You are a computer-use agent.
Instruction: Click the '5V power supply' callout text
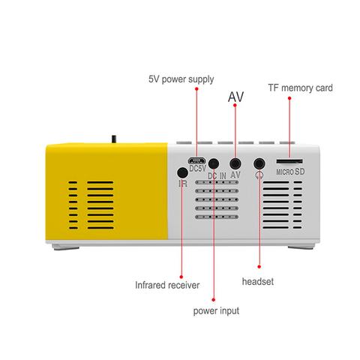(x=181, y=79)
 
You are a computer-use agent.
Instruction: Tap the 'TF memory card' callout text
(x=300, y=88)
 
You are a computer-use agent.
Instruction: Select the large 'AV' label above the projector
(x=235, y=97)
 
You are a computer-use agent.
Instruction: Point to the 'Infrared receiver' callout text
(x=167, y=285)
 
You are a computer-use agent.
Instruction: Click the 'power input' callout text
(x=216, y=311)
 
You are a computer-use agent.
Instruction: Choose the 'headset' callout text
(x=258, y=281)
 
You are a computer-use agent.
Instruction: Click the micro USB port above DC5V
(x=197, y=160)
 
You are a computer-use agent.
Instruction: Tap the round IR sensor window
(x=182, y=172)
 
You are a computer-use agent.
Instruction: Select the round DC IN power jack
(x=214, y=164)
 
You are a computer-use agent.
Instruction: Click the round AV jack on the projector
(x=235, y=164)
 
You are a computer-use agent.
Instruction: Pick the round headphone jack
(x=259, y=164)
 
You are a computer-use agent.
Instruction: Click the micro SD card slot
(x=289, y=161)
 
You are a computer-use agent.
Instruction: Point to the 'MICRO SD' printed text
(x=290, y=172)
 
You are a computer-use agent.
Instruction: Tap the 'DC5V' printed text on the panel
(x=197, y=169)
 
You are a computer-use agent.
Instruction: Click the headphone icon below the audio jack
(x=259, y=175)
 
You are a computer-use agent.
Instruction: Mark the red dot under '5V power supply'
(x=196, y=88)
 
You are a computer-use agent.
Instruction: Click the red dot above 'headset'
(x=259, y=267)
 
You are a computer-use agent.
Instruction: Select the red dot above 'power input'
(x=214, y=299)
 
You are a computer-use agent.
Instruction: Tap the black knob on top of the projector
(x=114, y=139)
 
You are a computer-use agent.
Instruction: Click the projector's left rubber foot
(x=65, y=247)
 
